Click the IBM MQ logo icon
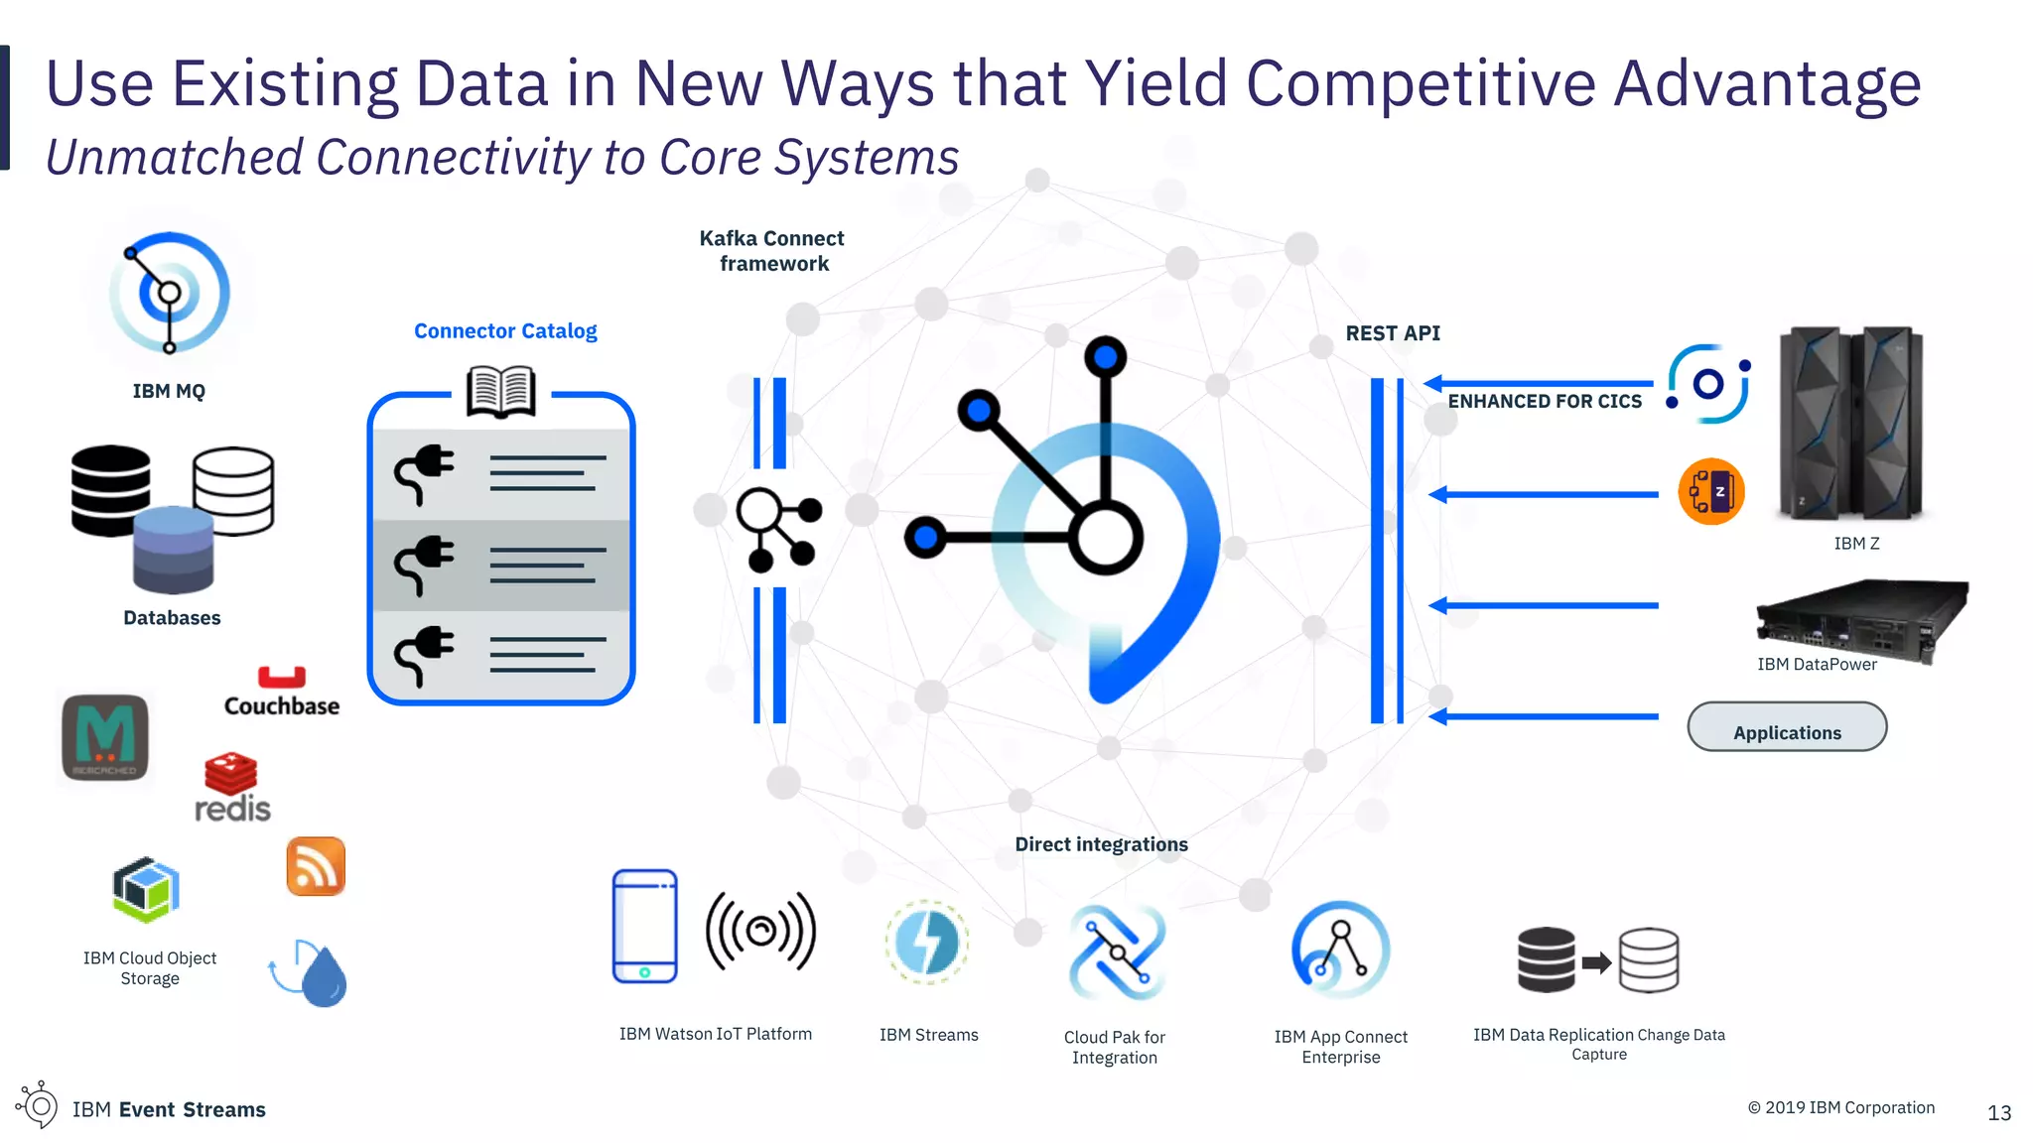point(170,293)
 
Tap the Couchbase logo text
point(282,705)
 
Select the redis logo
point(232,789)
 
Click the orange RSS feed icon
point(316,866)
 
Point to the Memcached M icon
point(105,737)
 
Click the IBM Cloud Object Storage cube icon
point(146,889)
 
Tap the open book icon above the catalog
point(501,391)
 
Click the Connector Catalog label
point(505,331)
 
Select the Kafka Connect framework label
point(772,251)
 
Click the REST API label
point(1393,333)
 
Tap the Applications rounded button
point(1787,728)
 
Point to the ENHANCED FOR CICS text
point(1545,402)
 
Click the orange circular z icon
point(1711,491)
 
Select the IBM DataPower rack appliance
point(1861,620)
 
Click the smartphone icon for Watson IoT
point(645,926)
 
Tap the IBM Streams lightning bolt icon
point(927,943)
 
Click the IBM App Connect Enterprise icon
point(1340,950)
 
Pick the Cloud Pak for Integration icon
point(1117,952)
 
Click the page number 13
point(1999,1113)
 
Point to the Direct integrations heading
point(1101,844)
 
